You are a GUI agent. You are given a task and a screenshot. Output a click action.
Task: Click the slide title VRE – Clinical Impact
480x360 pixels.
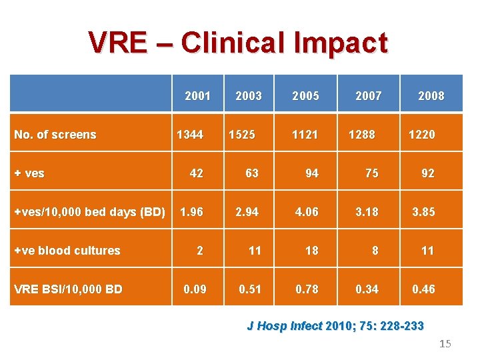238,43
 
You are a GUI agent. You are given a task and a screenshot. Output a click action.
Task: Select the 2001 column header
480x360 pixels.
197,96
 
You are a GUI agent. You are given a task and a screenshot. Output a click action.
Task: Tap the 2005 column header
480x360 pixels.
305,96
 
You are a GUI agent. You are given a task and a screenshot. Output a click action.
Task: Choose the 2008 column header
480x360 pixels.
431,96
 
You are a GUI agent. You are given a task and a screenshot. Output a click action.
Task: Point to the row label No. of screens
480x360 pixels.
55,135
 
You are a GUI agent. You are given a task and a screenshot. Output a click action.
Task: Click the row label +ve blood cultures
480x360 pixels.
67,251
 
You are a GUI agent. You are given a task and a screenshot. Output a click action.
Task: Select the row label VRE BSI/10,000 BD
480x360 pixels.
68,289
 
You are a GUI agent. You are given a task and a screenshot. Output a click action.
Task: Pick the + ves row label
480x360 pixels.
29,173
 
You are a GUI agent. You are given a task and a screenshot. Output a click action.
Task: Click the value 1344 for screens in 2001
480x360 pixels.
189,135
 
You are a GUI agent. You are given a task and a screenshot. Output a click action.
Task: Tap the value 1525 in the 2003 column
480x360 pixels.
241,135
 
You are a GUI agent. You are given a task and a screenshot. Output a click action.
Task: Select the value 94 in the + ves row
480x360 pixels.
311,173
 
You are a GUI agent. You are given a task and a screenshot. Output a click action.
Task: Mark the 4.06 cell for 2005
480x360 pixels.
307,212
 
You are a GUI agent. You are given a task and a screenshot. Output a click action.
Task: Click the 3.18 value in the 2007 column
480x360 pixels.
367,212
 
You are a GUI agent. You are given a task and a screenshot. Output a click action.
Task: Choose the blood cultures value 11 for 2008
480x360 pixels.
427,251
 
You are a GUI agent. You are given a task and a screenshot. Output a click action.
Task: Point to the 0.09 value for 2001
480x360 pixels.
194,289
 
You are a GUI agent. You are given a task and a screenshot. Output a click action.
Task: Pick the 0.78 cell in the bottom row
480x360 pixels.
307,289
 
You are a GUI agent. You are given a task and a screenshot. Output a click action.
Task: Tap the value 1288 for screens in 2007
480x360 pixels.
362,135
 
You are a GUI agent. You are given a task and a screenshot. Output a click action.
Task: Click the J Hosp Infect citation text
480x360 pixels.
335,326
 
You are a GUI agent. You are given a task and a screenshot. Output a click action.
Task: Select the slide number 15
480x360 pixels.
445,344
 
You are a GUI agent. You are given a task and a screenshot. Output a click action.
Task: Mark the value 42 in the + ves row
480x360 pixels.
196,173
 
